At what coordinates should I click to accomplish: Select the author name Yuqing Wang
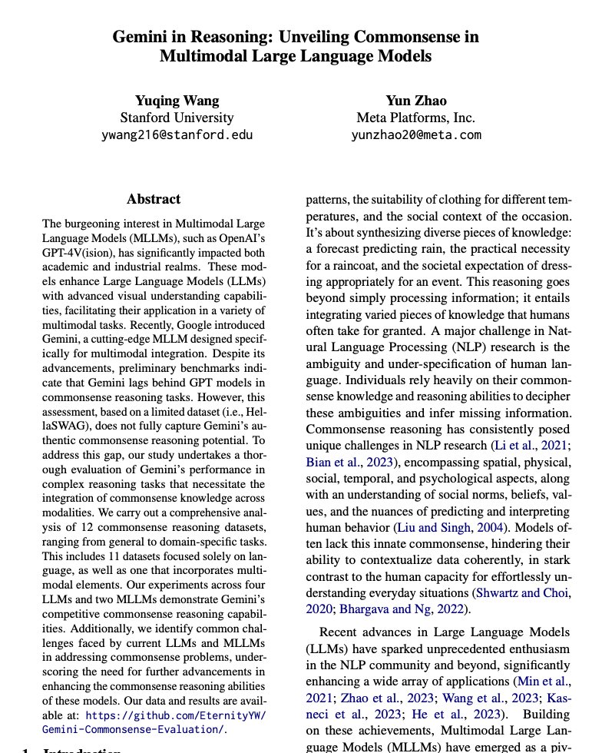pos(177,100)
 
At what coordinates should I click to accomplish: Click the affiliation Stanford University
pos(177,118)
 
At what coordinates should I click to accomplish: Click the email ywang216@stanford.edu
pos(177,135)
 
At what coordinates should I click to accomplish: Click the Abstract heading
pos(154,199)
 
